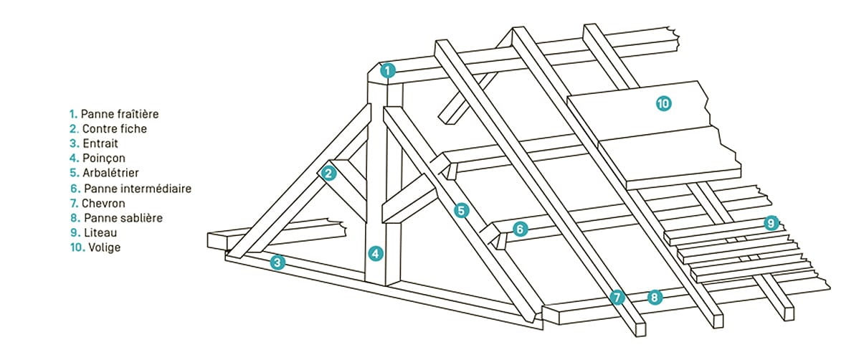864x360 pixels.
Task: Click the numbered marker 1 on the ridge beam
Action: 388,70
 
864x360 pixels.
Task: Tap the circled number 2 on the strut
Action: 328,174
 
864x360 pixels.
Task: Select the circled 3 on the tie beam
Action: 277,262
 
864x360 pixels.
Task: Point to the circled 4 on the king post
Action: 375,253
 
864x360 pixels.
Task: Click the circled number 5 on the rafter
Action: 461,211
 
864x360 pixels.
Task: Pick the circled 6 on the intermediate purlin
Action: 520,229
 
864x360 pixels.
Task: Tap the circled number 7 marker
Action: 617,297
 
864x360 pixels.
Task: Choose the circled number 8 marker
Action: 655,297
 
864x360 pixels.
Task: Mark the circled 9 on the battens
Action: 771,223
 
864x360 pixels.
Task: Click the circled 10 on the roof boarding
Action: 664,103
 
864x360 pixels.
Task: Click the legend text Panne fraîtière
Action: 120,114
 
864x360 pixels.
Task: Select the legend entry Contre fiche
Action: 115,128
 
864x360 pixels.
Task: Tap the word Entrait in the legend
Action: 100,143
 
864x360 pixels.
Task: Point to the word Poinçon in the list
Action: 104,158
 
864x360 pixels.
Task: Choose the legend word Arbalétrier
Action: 110,173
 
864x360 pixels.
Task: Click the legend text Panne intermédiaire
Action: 138,189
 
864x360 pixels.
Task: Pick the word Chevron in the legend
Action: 103,203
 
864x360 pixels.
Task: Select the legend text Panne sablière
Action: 123,217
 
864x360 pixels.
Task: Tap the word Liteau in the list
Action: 100,232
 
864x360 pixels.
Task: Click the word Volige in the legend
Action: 105,247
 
